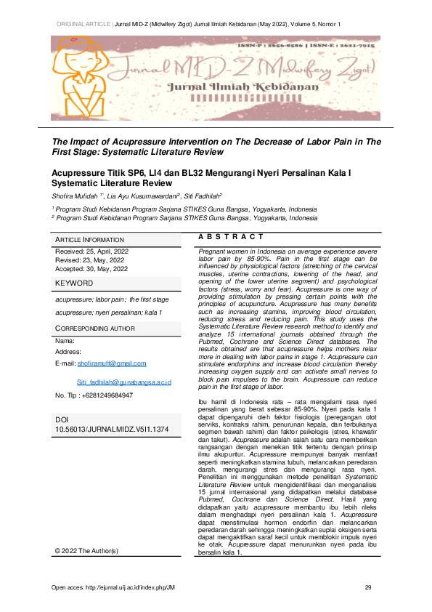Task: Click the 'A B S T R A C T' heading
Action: click(230, 237)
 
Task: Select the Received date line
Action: click(91, 251)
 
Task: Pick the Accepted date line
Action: click(91, 268)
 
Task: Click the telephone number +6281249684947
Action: click(94, 395)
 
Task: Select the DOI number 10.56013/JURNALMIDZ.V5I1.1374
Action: click(112, 430)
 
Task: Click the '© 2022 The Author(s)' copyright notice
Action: click(86, 571)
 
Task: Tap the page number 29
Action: click(368, 587)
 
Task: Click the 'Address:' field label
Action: click(68, 351)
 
